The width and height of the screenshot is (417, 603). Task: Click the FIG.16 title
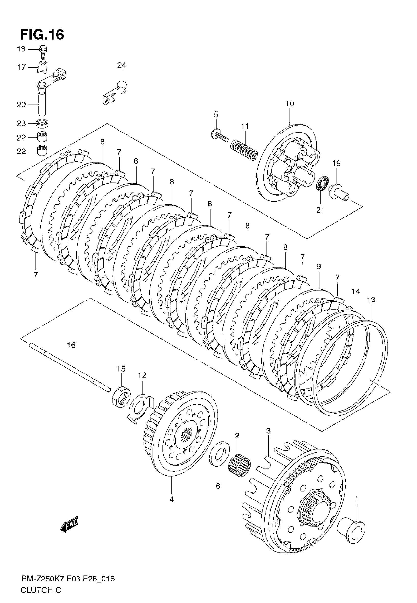[x=42, y=35]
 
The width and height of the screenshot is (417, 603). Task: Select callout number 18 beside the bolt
[x=21, y=49]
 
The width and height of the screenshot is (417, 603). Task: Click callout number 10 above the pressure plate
[x=290, y=104]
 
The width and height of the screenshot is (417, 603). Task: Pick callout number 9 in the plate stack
[x=318, y=266]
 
